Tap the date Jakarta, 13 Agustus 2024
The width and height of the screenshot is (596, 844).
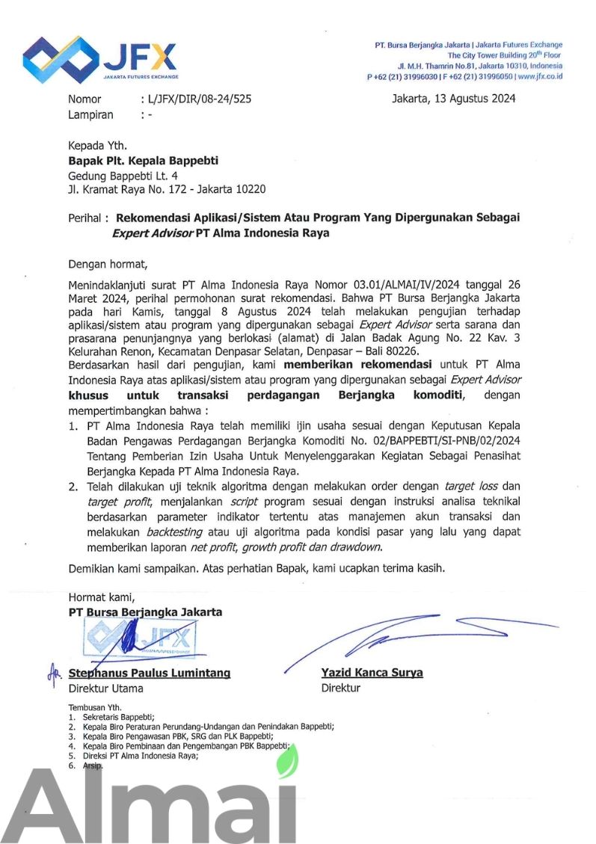click(453, 99)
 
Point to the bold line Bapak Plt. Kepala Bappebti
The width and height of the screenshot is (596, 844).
click(144, 161)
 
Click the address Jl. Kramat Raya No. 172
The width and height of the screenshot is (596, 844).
click(129, 190)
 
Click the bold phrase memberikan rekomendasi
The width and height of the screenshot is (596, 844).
click(357, 365)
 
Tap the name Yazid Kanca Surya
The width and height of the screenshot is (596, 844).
click(372, 673)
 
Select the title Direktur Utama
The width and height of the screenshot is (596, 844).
click(105, 688)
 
